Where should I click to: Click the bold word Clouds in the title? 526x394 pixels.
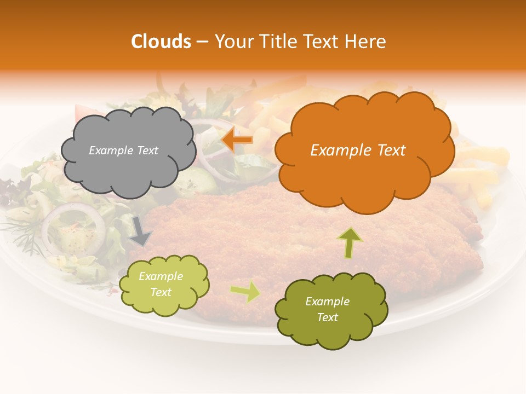point(161,41)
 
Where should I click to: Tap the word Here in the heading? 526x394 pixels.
point(365,41)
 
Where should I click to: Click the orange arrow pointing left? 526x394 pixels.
point(237,140)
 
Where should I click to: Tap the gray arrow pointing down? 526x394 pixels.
point(141,230)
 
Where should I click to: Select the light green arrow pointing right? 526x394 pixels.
point(245,292)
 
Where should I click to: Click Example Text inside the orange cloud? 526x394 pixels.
point(358,150)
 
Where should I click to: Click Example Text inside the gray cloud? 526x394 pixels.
point(123,150)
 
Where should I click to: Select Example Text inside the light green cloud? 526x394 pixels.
point(161,284)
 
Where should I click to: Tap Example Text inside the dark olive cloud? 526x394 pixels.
point(327,309)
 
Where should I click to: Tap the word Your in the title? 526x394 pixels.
point(233,41)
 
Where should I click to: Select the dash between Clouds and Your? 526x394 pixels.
point(202,41)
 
